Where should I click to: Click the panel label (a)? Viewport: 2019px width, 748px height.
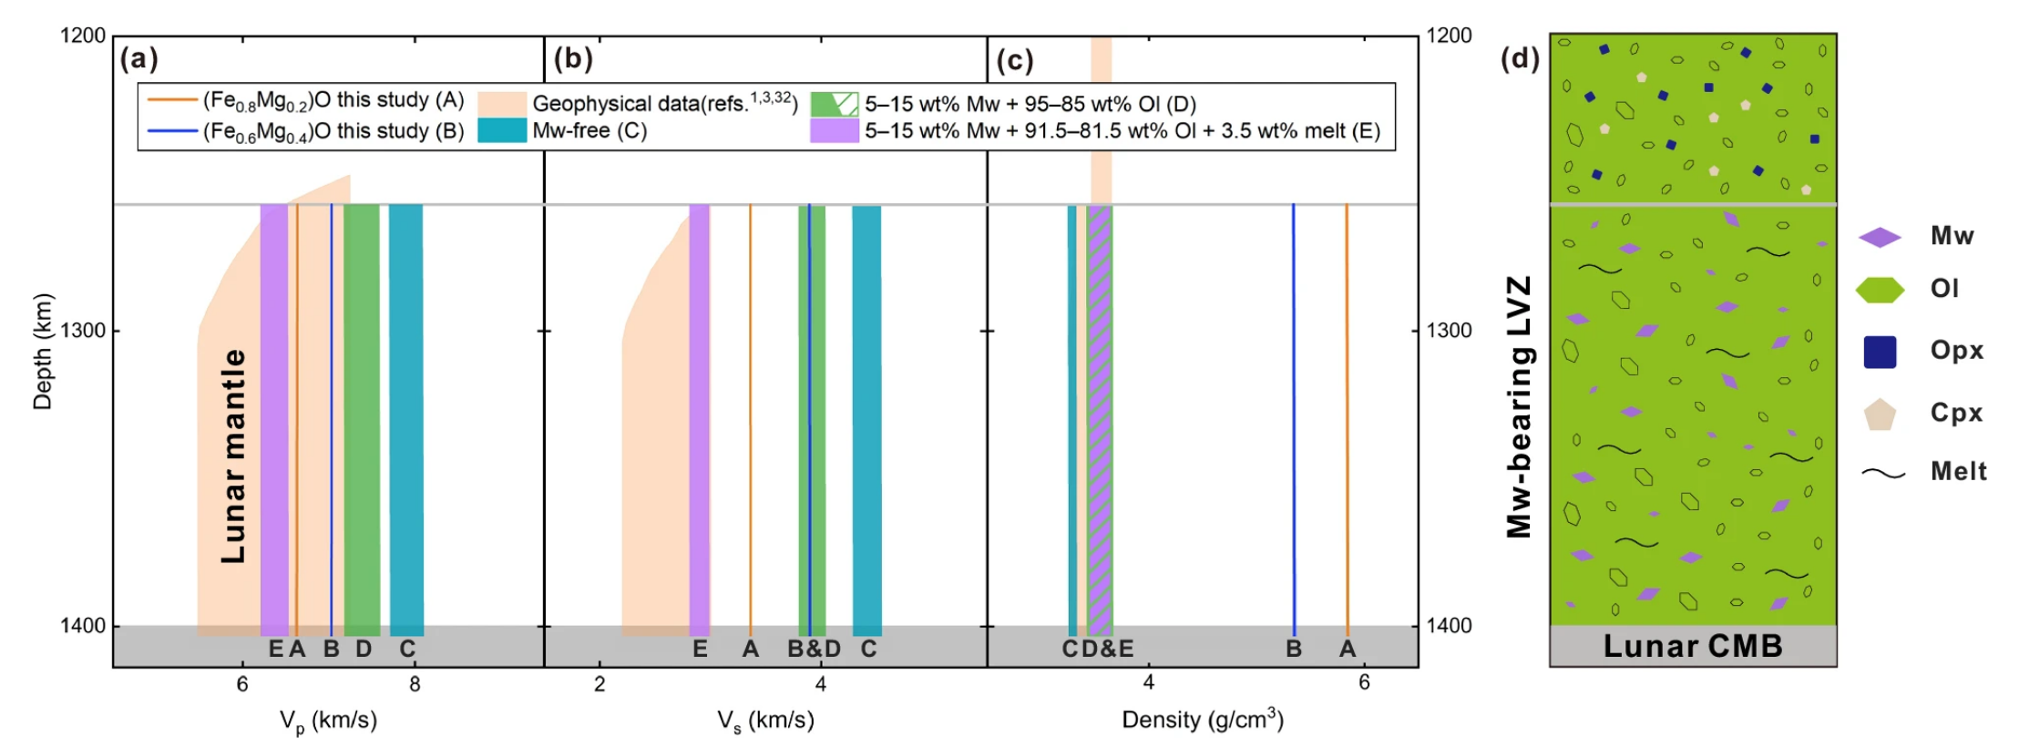point(138,59)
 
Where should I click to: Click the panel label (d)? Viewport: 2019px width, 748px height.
point(1520,59)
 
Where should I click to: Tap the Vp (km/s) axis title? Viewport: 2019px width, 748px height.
point(328,721)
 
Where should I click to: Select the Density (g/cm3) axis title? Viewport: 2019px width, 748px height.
point(1202,719)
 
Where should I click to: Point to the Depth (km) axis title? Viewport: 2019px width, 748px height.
point(43,352)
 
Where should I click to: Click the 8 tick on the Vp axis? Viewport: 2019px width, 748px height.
point(415,684)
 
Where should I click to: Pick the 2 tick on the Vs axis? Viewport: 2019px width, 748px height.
point(600,684)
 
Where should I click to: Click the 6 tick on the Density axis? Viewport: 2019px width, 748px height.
point(1364,683)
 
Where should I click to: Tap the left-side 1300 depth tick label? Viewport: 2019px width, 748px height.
point(83,330)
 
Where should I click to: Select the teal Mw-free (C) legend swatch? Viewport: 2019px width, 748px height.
point(502,130)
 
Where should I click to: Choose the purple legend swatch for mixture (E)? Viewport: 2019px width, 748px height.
point(834,131)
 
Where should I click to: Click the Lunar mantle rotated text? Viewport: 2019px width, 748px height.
point(233,456)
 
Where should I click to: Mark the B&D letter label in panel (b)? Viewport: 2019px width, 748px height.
point(814,649)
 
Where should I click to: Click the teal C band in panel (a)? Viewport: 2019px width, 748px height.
point(406,419)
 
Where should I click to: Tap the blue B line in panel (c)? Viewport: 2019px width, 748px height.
point(1293,419)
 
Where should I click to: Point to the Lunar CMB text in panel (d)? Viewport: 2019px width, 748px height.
point(1692,646)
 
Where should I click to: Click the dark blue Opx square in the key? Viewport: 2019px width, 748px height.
point(1880,352)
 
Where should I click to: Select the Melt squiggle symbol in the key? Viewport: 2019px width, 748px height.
point(1882,473)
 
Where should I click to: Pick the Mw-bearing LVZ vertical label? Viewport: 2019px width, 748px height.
point(1519,406)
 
